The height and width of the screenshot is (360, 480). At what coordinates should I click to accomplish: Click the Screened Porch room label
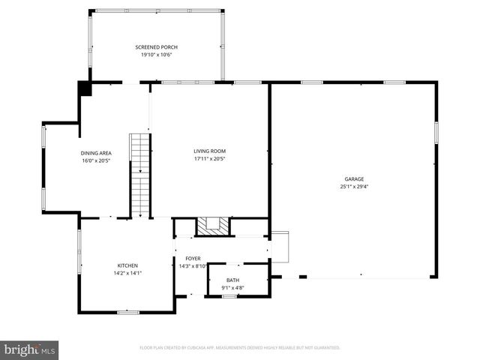(x=156, y=47)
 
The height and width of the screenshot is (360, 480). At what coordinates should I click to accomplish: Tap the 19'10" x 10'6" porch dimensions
(x=156, y=55)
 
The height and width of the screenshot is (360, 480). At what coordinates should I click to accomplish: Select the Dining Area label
(x=96, y=153)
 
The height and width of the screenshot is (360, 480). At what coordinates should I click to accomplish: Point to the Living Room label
(x=209, y=151)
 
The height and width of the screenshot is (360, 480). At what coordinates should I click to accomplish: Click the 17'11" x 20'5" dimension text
(x=209, y=158)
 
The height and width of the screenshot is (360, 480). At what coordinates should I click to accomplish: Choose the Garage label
(x=354, y=178)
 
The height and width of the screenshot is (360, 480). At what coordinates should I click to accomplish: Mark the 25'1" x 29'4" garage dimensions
(x=354, y=186)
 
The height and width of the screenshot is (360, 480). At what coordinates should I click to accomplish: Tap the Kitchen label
(x=127, y=265)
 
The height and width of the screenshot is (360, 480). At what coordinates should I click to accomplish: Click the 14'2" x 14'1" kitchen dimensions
(x=127, y=273)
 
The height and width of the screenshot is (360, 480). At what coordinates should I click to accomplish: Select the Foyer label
(x=193, y=258)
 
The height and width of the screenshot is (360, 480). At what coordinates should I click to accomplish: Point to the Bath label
(x=233, y=280)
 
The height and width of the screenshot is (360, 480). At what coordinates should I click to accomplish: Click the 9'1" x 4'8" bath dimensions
(x=233, y=287)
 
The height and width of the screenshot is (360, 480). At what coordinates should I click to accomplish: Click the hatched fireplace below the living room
(x=210, y=226)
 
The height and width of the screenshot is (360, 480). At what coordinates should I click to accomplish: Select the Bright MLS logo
(x=30, y=349)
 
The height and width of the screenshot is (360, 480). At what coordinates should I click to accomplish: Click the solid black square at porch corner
(x=85, y=88)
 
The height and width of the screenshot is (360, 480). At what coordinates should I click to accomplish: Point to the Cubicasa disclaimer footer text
(x=240, y=347)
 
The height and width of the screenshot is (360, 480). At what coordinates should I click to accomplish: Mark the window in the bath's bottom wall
(x=229, y=296)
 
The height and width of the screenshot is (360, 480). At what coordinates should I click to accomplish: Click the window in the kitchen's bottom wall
(x=127, y=311)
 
